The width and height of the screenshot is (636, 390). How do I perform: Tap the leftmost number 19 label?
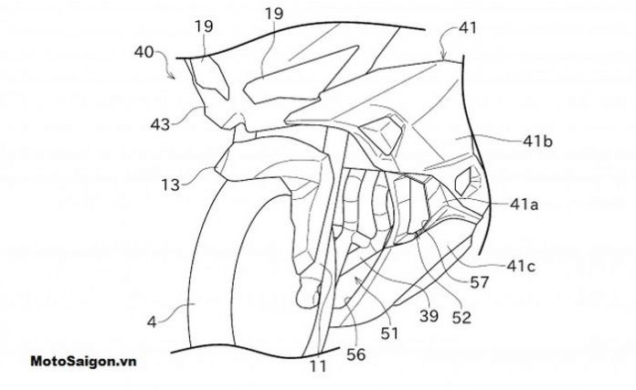pyautogui.click(x=205, y=27)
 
